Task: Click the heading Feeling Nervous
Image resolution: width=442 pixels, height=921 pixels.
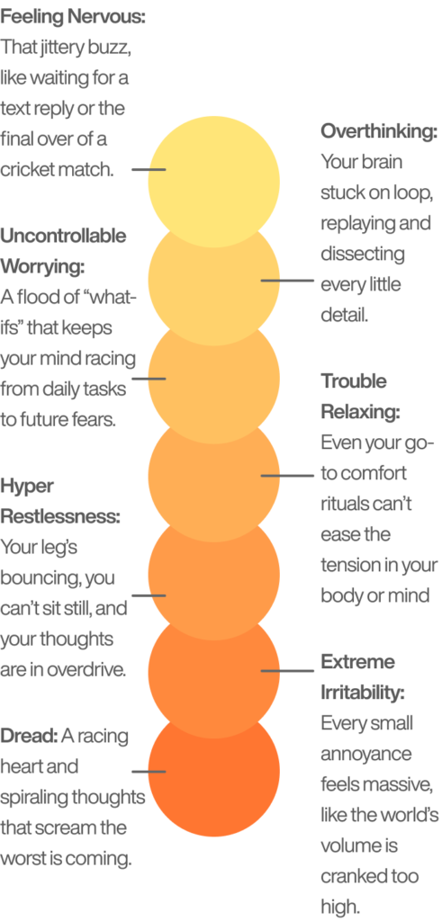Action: coord(73,16)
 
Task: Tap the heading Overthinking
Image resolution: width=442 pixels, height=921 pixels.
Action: coord(380,131)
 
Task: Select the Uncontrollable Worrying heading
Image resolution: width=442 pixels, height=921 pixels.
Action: coord(63,252)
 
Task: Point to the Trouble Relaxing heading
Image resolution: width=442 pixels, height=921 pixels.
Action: coord(360,397)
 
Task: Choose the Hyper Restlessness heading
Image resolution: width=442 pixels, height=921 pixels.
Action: coord(60,501)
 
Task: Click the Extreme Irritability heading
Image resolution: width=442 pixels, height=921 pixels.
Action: coord(363,677)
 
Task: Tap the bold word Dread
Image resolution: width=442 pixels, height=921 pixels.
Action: coord(29,736)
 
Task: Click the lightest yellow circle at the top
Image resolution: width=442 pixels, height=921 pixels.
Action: coord(214,182)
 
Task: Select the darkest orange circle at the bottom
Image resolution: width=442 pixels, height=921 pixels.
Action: coord(214,771)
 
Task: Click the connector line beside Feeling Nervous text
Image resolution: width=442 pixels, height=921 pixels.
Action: coord(149,170)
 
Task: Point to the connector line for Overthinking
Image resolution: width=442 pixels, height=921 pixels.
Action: coord(287,281)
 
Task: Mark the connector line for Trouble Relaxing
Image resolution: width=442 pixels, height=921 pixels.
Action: coord(287,476)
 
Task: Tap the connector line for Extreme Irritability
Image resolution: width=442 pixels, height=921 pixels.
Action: coord(287,671)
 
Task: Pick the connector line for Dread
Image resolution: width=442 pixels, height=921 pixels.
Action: coord(149,771)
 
